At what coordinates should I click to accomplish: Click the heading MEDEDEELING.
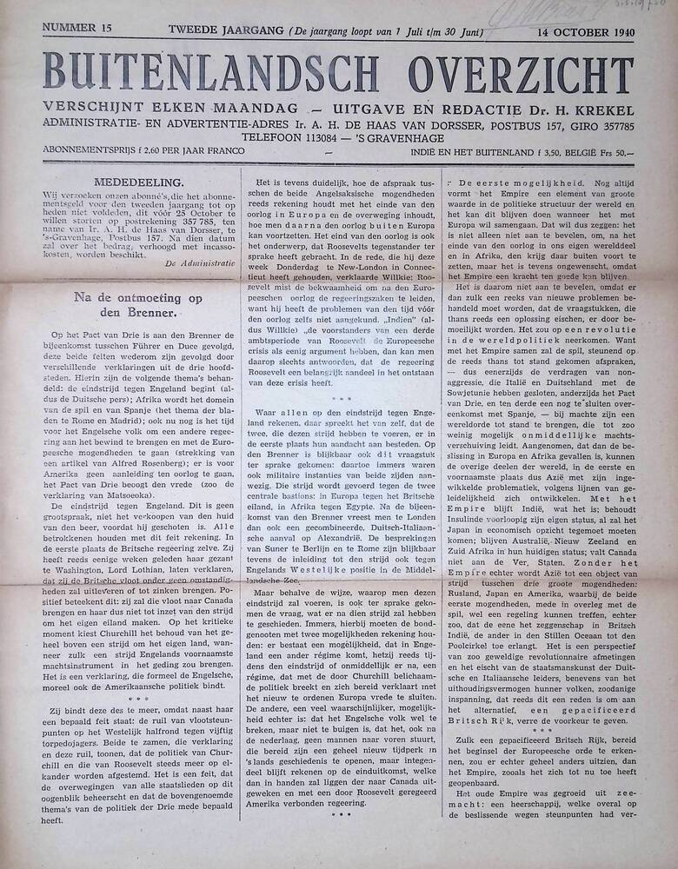coord(142,182)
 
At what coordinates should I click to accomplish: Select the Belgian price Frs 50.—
coord(614,153)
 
